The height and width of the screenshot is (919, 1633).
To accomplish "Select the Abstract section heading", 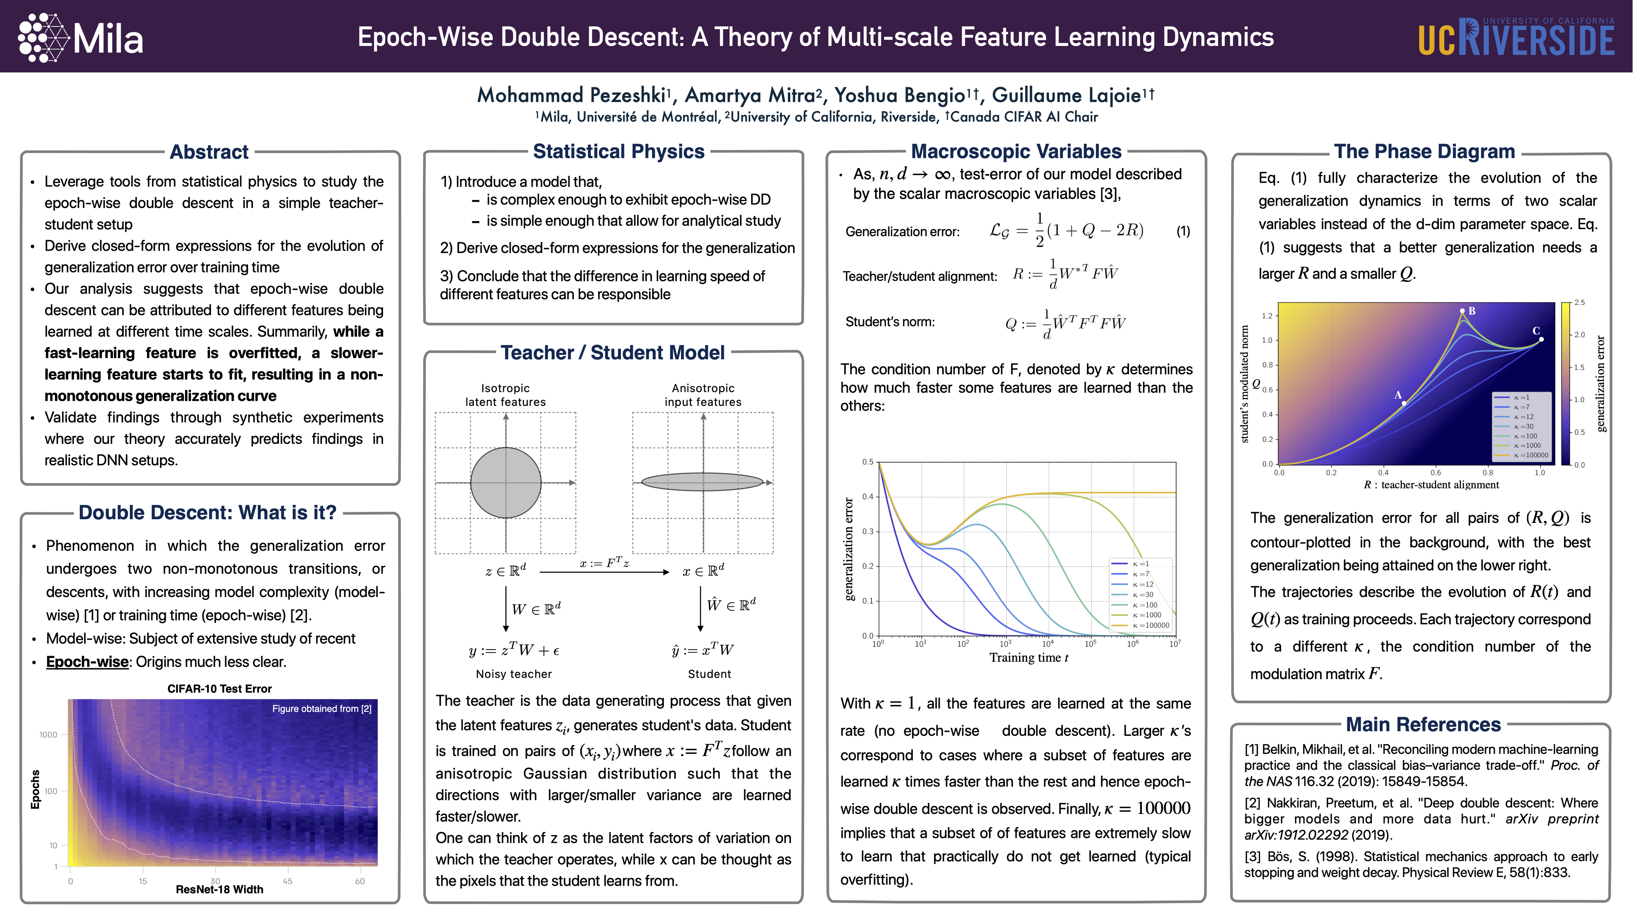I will pos(209,152).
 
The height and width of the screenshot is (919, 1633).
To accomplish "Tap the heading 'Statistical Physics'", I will pos(618,152).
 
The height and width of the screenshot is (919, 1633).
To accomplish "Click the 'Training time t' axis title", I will pos(1028,658).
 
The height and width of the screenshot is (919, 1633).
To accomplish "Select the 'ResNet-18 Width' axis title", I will pos(219,889).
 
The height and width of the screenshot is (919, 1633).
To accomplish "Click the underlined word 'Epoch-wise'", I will pos(87,661).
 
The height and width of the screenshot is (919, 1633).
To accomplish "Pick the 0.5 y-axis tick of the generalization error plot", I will pos(867,462).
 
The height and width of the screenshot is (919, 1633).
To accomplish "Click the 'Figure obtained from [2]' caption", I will pos(321,708).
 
